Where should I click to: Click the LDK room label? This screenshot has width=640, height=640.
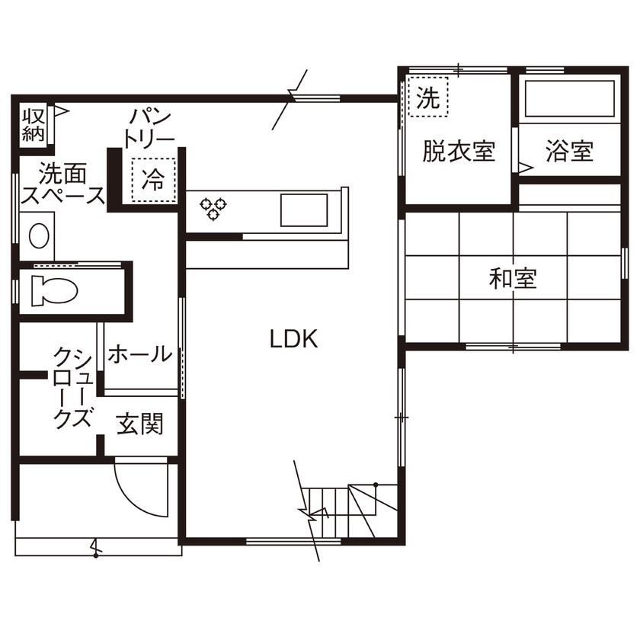293,339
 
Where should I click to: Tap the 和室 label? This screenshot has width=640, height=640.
513,279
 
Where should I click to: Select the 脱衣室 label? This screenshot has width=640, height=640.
459,152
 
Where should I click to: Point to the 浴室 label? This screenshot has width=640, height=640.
569,152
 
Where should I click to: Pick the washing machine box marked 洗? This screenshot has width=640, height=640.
429,98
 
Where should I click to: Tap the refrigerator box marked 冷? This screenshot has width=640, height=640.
153,181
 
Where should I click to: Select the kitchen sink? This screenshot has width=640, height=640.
304,210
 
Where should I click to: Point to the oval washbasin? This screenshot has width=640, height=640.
40,235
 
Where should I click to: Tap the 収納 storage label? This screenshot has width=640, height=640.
34,126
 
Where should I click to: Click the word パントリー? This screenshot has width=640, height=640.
150,128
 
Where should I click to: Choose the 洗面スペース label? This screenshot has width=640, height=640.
62,184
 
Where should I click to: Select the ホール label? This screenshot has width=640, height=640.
139,354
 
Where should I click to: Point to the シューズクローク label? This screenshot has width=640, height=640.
73,388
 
